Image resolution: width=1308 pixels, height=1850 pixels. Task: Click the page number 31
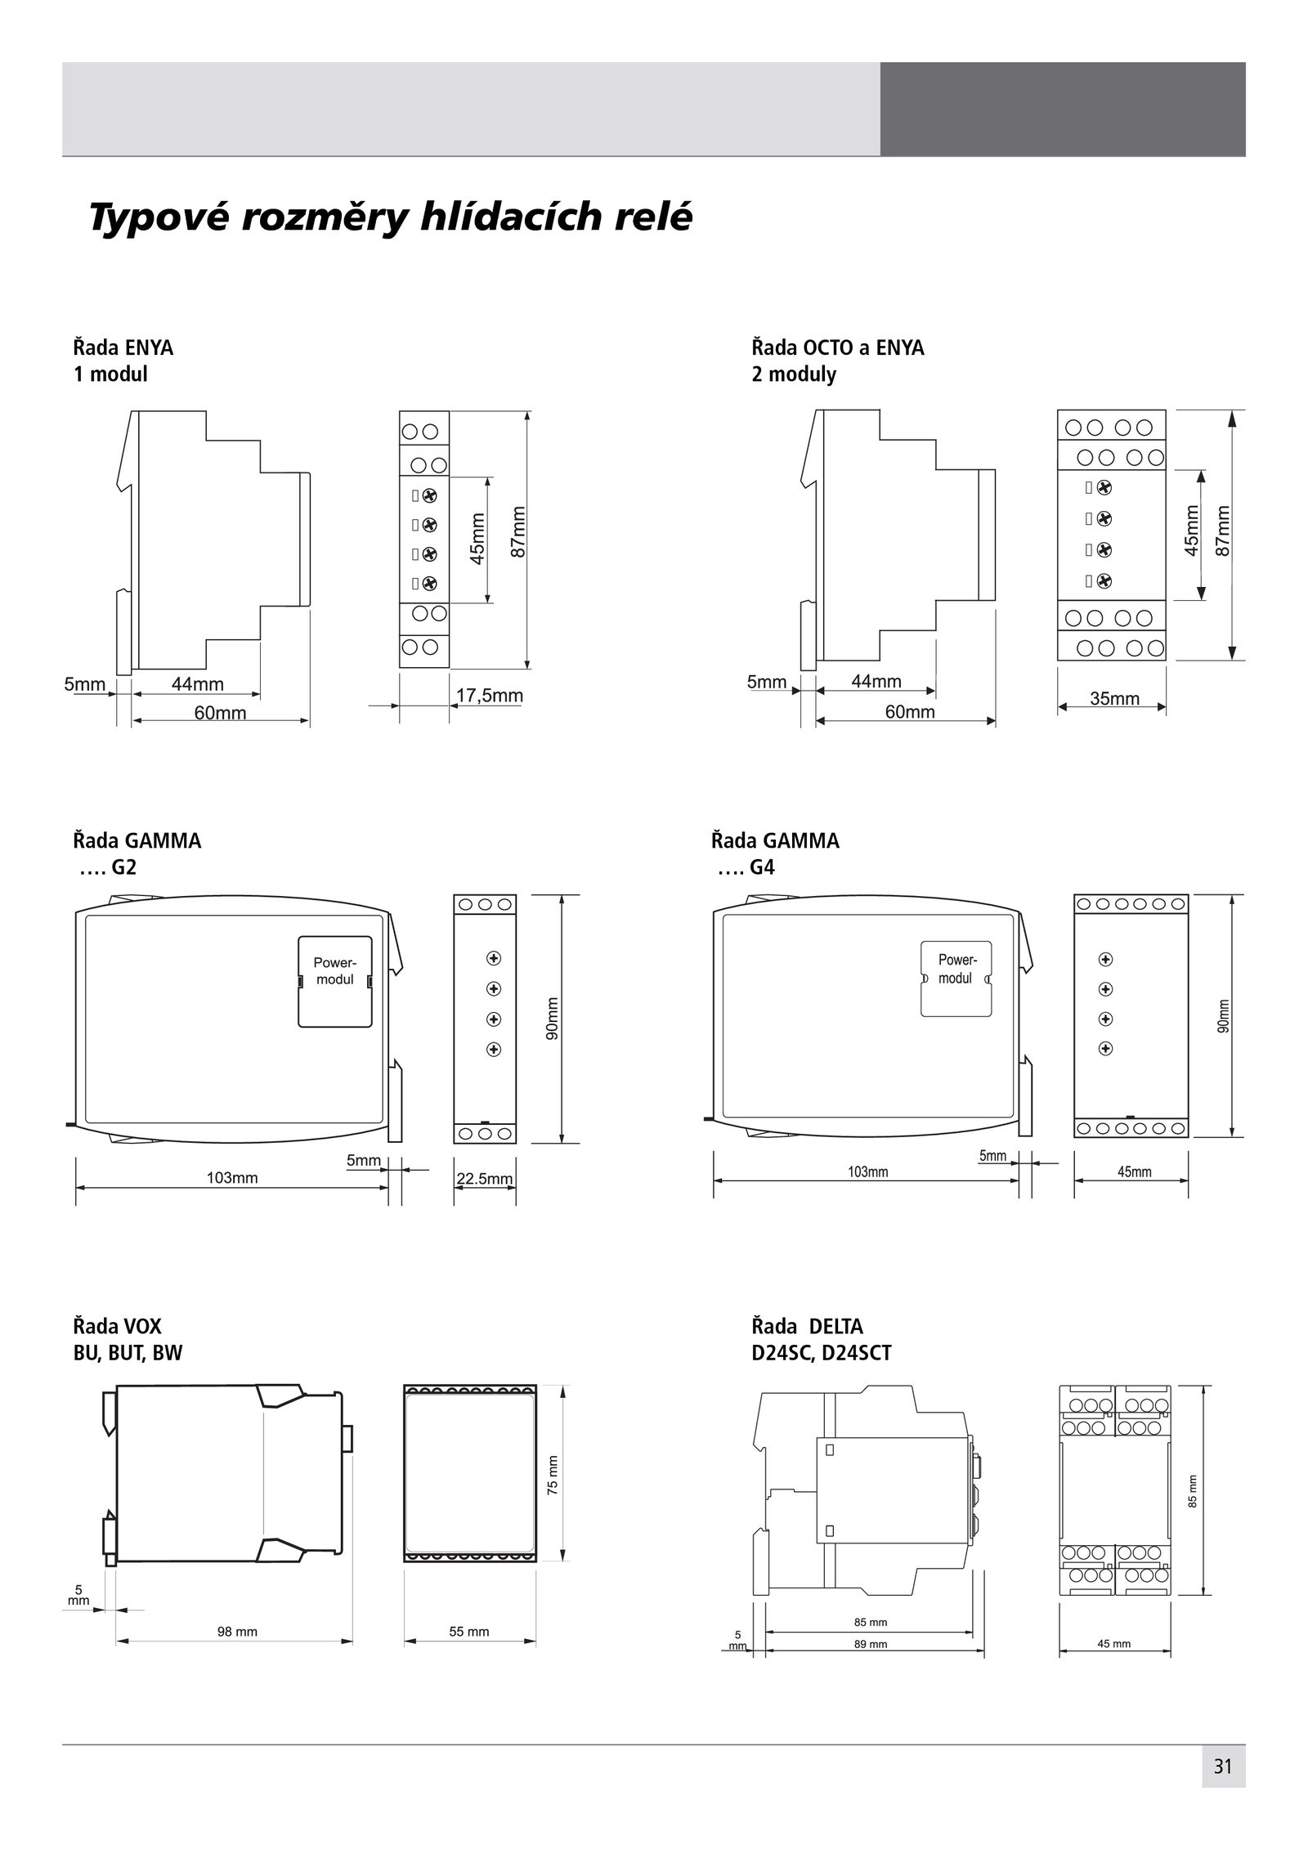(1222, 1790)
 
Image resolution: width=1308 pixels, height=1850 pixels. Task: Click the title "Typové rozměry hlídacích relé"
(390, 217)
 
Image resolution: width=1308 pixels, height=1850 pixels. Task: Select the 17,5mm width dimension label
(489, 696)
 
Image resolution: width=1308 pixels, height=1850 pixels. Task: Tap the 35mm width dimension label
(1114, 698)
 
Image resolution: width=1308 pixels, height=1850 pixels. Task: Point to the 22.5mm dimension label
(484, 1178)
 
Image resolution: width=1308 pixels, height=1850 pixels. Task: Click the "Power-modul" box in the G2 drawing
(335, 981)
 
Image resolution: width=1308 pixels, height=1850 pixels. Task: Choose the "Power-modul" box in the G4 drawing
(956, 979)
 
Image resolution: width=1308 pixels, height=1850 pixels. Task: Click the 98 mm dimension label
(237, 1632)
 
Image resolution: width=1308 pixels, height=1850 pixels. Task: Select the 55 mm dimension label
(469, 1632)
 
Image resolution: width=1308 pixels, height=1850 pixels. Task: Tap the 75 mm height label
(553, 1476)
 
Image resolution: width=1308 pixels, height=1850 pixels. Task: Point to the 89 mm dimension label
(871, 1644)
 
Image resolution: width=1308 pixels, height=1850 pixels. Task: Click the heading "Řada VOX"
(118, 1326)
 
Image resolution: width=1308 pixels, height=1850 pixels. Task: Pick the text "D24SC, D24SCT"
(822, 1353)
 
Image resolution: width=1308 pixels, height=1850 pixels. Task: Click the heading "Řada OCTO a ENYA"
(838, 347)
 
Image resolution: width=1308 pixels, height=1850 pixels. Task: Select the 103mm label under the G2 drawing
(232, 1178)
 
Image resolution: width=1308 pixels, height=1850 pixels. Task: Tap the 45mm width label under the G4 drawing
(1135, 1172)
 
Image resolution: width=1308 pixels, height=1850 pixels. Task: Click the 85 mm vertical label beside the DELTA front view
(1193, 1491)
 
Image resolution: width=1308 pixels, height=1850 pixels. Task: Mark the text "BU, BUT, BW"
(128, 1353)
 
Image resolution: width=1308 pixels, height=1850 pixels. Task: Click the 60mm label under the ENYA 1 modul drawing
(220, 713)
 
